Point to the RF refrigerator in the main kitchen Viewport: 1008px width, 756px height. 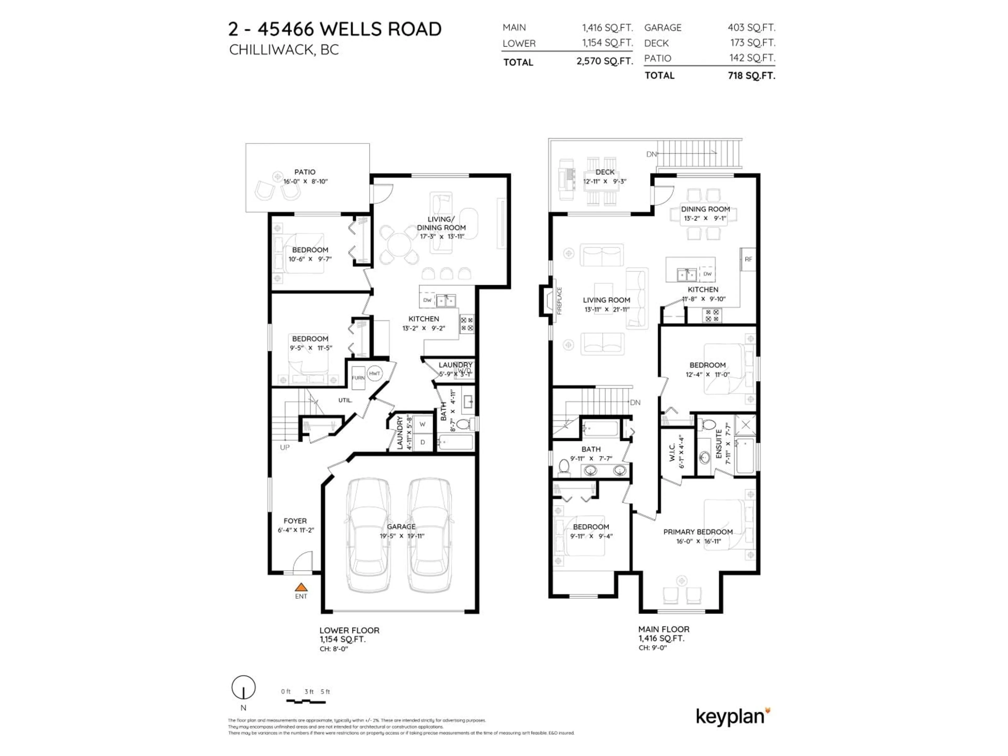click(x=748, y=259)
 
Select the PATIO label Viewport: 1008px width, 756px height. click(x=304, y=172)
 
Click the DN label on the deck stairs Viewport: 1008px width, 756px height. click(x=651, y=154)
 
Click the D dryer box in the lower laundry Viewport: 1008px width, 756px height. click(x=422, y=442)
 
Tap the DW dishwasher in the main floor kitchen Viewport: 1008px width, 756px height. click(x=707, y=274)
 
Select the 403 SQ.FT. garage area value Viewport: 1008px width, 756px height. click(x=751, y=27)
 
